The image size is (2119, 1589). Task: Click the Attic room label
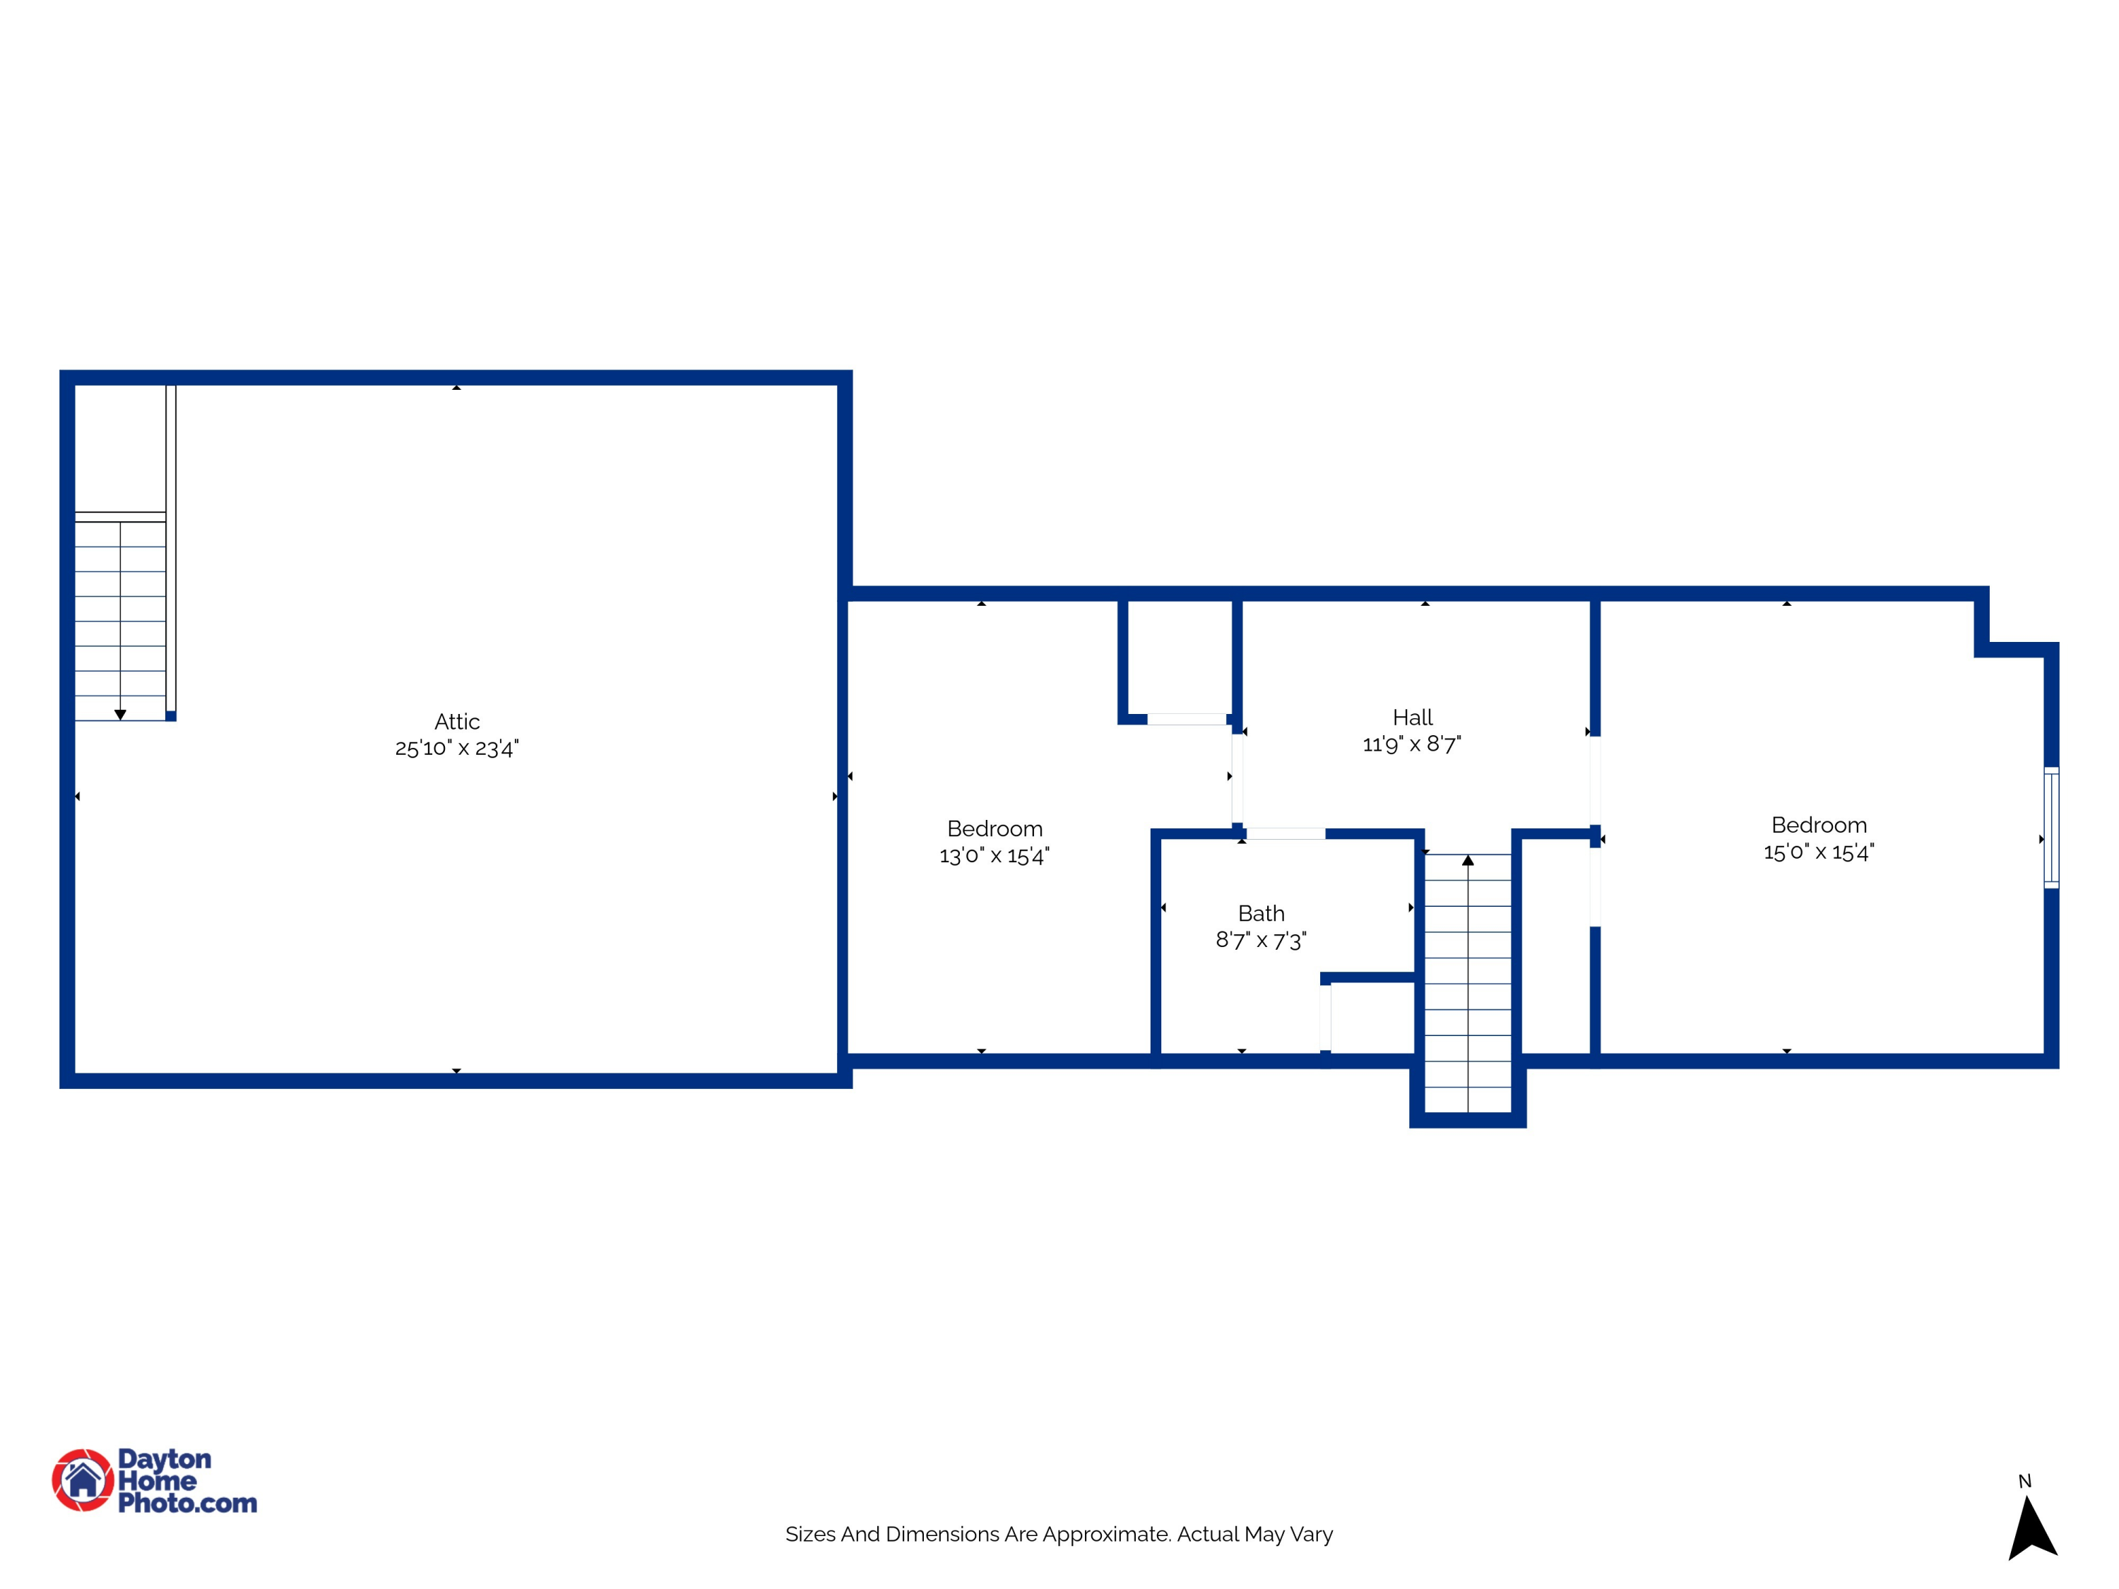[x=457, y=721]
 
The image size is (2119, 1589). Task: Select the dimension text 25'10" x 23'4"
[x=457, y=748]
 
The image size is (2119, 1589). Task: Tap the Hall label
[x=1412, y=718]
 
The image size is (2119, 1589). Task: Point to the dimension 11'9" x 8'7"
[x=1412, y=744]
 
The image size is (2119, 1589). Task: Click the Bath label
[x=1261, y=912]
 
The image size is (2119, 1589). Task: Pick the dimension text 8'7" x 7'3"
[x=1261, y=941]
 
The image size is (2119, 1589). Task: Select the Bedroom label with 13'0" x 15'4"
[x=995, y=828]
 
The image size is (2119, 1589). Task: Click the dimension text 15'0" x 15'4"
[x=1818, y=852]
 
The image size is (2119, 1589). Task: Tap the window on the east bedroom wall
[x=2051, y=828]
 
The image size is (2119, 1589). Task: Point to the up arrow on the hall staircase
[x=1468, y=860]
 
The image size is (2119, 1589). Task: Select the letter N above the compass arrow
[x=2024, y=1481]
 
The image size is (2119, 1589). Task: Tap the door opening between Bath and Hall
[x=1286, y=834]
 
